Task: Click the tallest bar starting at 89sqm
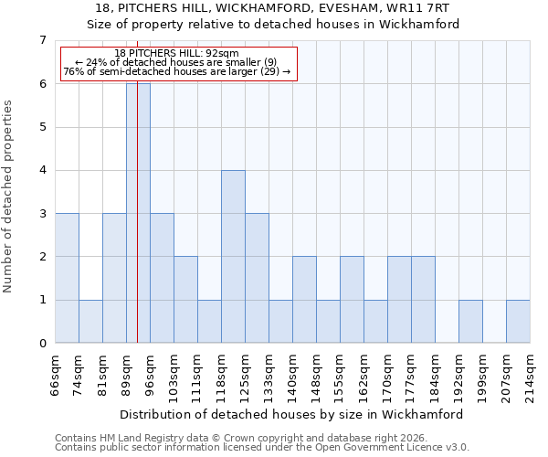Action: tap(138, 213)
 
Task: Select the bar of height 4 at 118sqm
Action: tap(233, 256)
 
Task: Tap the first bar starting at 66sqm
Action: tap(67, 278)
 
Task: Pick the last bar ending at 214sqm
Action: tap(518, 321)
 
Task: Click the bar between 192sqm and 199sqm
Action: tap(470, 321)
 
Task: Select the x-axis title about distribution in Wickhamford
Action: tap(292, 414)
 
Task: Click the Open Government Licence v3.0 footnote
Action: tap(262, 448)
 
